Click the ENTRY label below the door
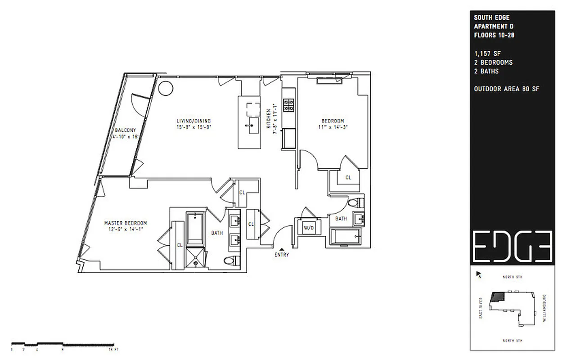[282, 255]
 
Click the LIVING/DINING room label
[193, 121]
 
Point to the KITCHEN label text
[268, 119]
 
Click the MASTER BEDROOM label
[126, 223]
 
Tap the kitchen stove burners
[288, 105]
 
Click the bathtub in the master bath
[195, 228]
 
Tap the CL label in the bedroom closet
[348, 178]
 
